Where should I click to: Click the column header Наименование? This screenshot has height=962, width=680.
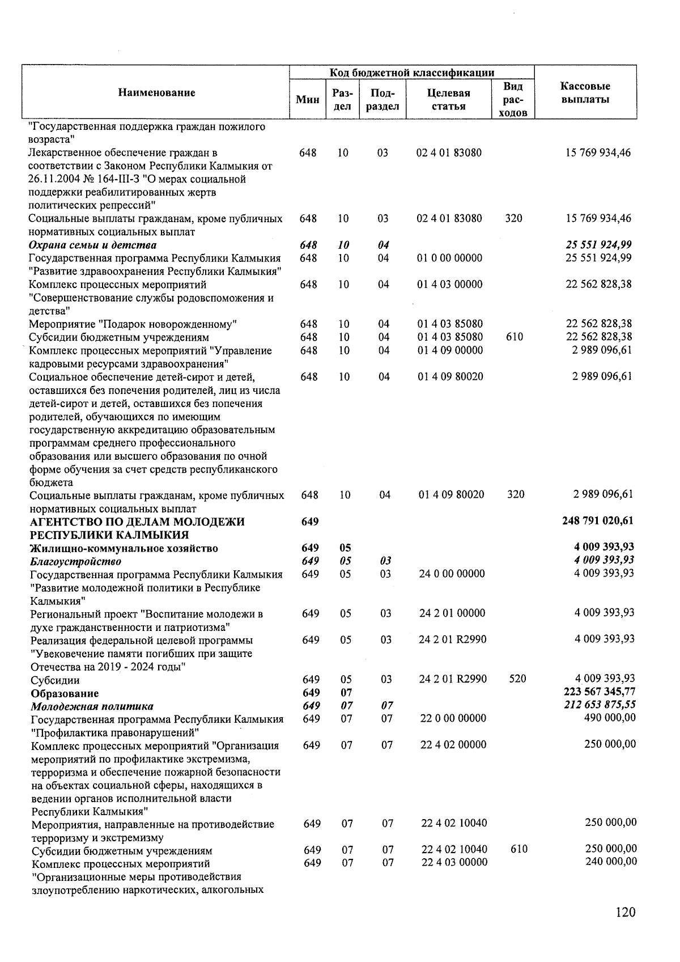coord(156,93)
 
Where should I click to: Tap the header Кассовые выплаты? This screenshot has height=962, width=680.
coord(585,93)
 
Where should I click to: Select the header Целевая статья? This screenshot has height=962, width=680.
coord(448,99)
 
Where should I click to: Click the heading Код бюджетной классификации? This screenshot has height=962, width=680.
coord(412,73)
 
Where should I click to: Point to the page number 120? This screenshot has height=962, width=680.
coord(625,912)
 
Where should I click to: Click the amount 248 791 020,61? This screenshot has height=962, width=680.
coord(597,521)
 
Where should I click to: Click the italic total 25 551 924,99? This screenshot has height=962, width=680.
coord(598,245)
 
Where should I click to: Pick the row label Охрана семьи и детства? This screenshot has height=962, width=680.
coord(93,245)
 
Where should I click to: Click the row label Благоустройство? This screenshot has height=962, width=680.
coord(76,561)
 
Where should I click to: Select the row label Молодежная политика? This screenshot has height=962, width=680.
coord(92,706)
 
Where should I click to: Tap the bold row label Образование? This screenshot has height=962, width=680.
coord(65,693)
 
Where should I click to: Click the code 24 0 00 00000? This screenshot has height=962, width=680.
coord(452,574)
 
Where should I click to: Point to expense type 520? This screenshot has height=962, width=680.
coord(517,679)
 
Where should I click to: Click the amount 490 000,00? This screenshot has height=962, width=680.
coord(609,718)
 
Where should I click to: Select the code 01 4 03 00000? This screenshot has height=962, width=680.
coord(450,284)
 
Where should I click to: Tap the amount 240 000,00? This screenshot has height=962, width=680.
coord(610,862)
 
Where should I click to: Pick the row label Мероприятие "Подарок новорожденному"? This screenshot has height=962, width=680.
coord(133,324)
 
